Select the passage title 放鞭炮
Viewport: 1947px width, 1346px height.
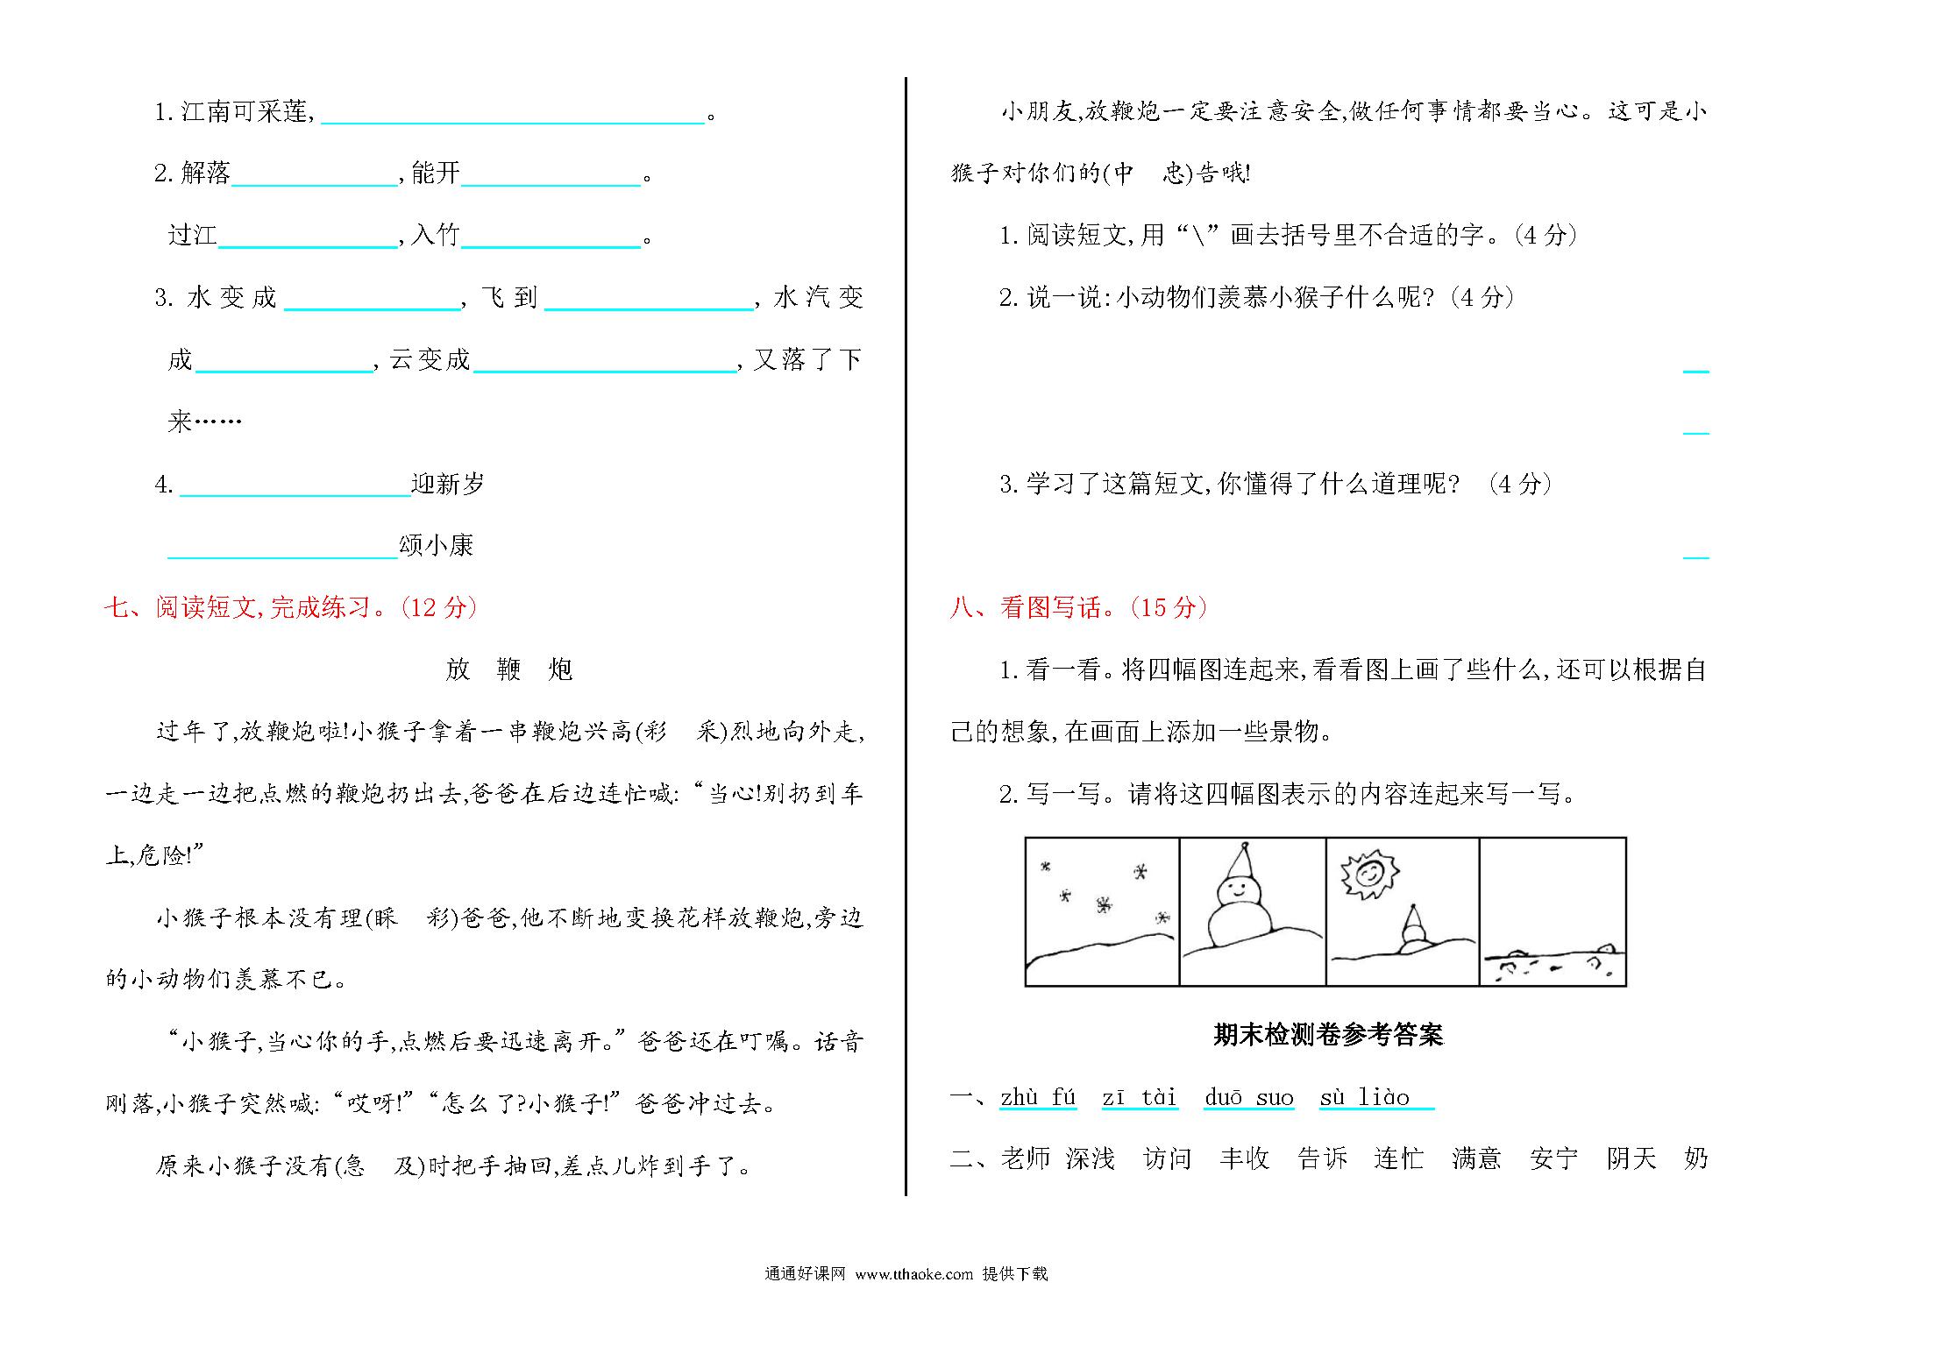pyautogui.click(x=508, y=669)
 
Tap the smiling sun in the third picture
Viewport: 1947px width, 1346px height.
pyautogui.click(x=1369, y=875)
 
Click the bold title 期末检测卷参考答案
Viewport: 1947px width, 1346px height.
pyautogui.click(x=1327, y=1036)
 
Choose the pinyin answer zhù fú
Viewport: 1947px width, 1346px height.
pyautogui.click(x=1038, y=1098)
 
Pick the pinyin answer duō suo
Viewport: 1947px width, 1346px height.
pyautogui.click(x=1248, y=1098)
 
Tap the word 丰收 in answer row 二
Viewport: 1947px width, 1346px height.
pyautogui.click(x=1244, y=1159)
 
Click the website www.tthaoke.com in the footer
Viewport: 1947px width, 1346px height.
pyautogui.click(x=913, y=1274)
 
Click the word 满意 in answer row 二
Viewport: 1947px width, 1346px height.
pyautogui.click(x=1476, y=1159)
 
